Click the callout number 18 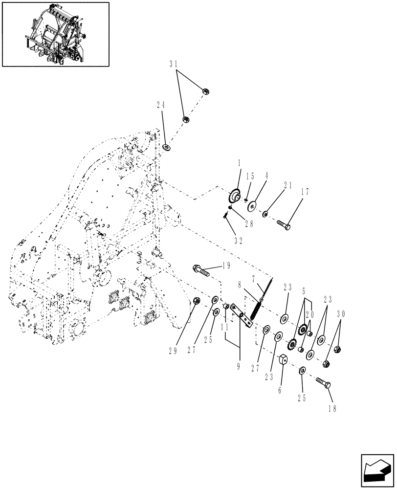coord(332,408)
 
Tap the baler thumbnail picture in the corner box coord(56,34)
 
